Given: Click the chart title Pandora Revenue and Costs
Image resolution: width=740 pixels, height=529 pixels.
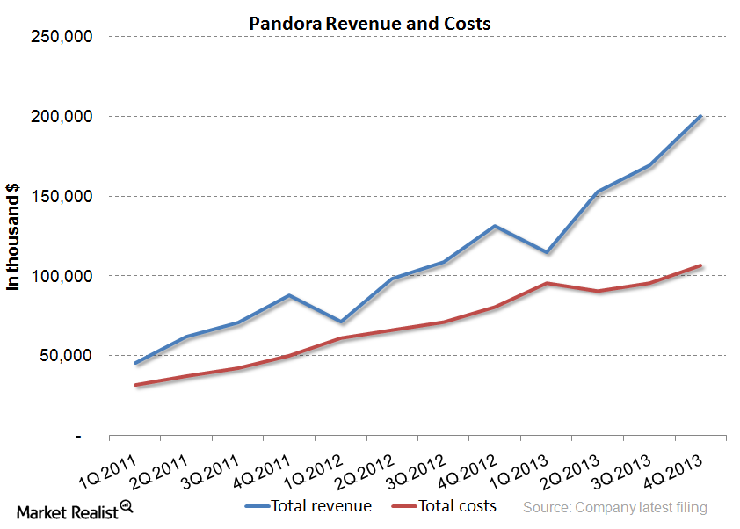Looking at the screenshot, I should point(370,24).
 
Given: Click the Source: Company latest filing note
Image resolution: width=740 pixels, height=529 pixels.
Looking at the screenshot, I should point(614,507).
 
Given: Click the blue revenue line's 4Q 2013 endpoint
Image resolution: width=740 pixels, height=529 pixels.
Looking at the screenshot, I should point(700,116).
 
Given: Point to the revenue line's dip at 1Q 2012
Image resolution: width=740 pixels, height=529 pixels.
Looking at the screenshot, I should point(340,322).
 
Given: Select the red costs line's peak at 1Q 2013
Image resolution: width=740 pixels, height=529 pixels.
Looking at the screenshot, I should point(546,283).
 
